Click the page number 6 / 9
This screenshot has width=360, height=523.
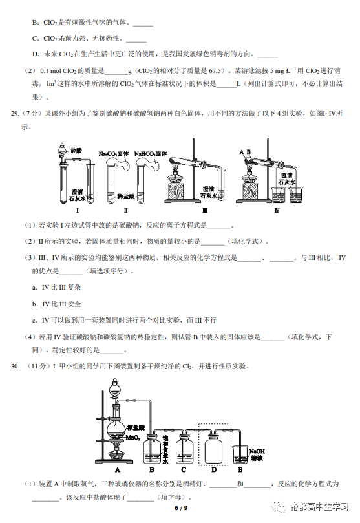[x=181, y=508]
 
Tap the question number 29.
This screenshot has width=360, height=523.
[x=15, y=114]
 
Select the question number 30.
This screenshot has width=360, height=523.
[x=15, y=367]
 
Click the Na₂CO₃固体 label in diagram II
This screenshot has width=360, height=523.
[x=114, y=153]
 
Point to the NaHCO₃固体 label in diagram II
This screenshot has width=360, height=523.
[x=151, y=153]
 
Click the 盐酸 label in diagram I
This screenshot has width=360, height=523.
[x=76, y=151]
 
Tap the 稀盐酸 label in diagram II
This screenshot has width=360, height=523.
[x=125, y=197]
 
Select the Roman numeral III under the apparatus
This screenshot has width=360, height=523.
[x=205, y=210]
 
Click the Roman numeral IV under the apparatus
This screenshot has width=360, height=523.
[x=277, y=210]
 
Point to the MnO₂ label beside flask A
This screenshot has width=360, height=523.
[x=133, y=438]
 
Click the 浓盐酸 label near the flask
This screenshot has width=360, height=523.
[x=136, y=428]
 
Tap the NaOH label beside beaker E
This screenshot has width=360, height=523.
[x=257, y=451]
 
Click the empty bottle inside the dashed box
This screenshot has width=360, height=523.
[x=213, y=447]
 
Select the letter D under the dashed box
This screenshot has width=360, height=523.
[x=214, y=469]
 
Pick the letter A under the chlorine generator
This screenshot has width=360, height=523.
[x=118, y=469]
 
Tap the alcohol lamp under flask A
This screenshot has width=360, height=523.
[x=115, y=453]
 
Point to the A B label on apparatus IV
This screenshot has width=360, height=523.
[x=245, y=152]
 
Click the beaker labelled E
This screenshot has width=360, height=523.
[x=240, y=455]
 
